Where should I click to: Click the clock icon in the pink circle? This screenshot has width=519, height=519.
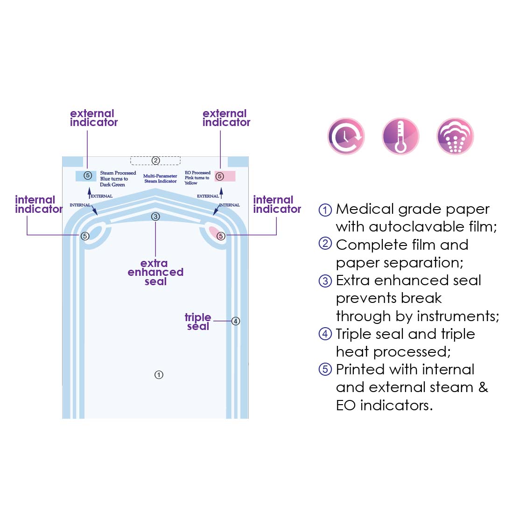tap(346, 136)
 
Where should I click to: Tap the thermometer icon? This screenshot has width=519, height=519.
tap(400, 136)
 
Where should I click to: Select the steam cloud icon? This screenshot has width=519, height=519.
tap(455, 136)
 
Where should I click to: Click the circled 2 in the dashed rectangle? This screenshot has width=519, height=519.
tap(155, 161)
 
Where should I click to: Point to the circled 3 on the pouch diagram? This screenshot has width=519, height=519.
tap(155, 217)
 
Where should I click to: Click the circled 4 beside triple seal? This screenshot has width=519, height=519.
tap(236, 321)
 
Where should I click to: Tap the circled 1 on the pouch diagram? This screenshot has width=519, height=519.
tap(159, 375)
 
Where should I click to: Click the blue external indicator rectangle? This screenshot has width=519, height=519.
tap(86, 176)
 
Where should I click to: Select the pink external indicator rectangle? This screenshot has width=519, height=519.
tap(225, 176)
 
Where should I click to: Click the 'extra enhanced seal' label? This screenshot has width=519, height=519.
tap(155, 272)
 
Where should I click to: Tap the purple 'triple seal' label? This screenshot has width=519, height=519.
tap(198, 322)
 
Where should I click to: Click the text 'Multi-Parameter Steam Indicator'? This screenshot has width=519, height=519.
tap(160, 178)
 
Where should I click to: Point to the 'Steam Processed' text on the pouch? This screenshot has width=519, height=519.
tap(118, 173)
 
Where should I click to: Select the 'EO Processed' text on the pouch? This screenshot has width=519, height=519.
tap(197, 173)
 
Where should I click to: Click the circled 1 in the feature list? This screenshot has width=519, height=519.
tap(325, 210)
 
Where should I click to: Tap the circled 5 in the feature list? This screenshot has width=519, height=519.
tap(325, 370)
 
